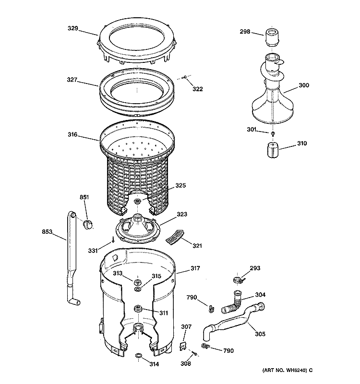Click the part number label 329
pos(72,28)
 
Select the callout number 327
pos(72,80)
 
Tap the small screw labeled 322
pos(185,77)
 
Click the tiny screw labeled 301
pos(273,133)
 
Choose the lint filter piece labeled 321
pos(174,235)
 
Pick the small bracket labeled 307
pos(183,344)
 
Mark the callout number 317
pos(195,268)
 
